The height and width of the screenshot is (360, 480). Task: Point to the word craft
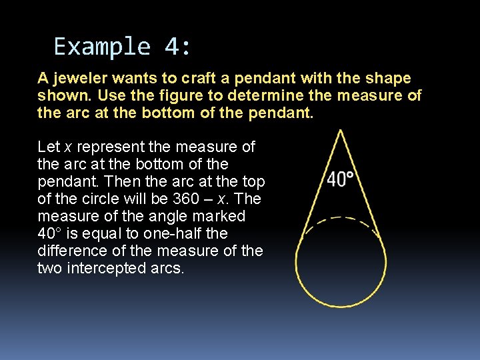199,79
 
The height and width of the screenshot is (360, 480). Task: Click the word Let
49,147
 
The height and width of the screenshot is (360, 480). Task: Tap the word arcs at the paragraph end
167,269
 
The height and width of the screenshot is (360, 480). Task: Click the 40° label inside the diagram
340,179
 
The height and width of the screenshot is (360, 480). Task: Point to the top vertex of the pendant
341,131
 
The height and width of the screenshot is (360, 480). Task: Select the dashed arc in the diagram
341,219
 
